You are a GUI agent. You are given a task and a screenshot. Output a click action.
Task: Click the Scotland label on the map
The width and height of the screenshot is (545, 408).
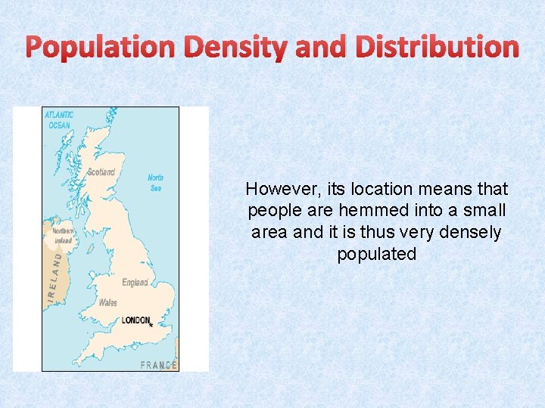[101, 172]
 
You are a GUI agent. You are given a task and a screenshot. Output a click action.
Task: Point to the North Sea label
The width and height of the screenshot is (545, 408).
[155, 183]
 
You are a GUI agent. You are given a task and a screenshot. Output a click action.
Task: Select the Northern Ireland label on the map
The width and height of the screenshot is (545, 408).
[63, 236]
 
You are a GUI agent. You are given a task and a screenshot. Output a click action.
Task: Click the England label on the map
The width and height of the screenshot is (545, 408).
[135, 283]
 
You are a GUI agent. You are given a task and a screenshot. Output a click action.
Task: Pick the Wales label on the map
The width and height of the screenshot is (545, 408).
[107, 303]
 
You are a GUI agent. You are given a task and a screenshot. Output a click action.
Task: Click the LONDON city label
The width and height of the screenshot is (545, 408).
[135, 320]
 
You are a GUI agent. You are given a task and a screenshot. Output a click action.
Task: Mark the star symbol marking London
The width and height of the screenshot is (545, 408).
[151, 325]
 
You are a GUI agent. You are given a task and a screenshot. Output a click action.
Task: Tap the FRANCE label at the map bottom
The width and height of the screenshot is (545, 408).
[159, 365]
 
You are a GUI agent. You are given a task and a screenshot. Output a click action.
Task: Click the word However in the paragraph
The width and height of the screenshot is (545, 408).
[279, 189]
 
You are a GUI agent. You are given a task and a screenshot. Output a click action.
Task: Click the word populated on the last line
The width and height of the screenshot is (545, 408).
[377, 255]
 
